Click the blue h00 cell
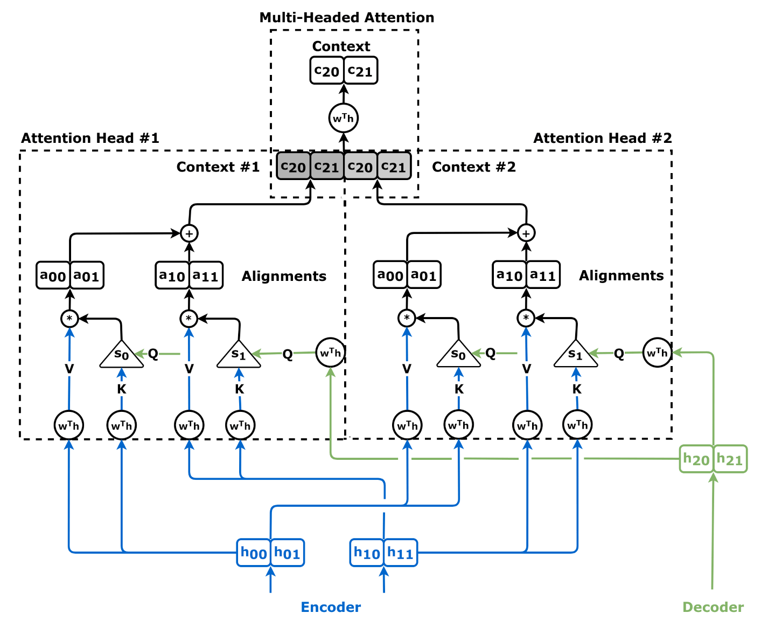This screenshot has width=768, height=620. click(x=254, y=553)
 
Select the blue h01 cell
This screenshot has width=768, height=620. click(x=287, y=553)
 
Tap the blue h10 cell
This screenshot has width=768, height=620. click(x=367, y=553)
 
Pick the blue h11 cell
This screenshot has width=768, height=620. click(x=400, y=553)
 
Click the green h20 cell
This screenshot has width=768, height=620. click(x=696, y=459)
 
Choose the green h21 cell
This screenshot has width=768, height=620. click(x=730, y=459)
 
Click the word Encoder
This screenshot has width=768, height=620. click(x=331, y=607)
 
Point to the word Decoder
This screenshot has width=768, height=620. click(x=713, y=607)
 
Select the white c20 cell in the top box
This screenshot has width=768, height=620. click(x=327, y=71)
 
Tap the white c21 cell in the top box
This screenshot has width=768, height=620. click(x=360, y=71)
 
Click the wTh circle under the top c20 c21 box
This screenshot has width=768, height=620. click(x=344, y=118)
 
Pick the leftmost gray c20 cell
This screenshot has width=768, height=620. click(x=294, y=167)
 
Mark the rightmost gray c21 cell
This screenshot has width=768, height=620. click(x=394, y=167)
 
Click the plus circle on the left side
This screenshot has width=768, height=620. click(x=188, y=233)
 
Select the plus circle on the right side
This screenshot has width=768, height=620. click(x=526, y=233)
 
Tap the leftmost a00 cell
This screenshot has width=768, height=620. click(x=53, y=275)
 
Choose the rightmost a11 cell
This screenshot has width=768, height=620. click(x=543, y=275)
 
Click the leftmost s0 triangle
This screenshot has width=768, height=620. click(x=122, y=355)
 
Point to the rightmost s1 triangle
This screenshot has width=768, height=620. click(x=576, y=355)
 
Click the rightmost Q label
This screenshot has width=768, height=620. click(x=619, y=354)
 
